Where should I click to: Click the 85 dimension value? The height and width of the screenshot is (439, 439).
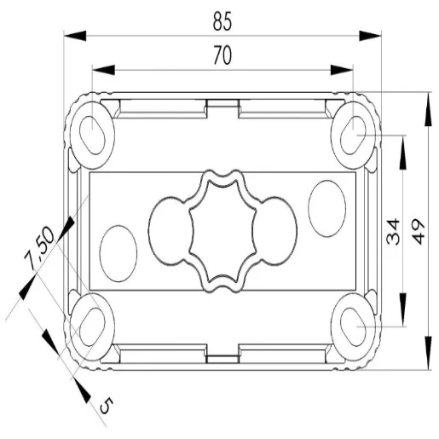pos(222,21)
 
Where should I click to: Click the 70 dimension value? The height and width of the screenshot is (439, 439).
pos(222,55)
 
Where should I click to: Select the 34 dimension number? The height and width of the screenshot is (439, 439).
pos(393,232)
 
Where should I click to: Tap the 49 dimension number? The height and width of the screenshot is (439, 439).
pos(418,232)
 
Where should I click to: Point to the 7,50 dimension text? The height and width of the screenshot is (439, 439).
pos(38,247)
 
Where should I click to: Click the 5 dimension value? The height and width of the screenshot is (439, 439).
pos(107,405)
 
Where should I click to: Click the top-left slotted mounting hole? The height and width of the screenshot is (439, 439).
pos(92,136)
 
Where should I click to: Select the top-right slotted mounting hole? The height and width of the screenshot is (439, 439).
pos(354,136)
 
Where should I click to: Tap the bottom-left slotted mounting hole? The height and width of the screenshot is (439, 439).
pos(92,327)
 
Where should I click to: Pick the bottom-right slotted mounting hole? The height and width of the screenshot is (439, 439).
pos(354,327)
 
